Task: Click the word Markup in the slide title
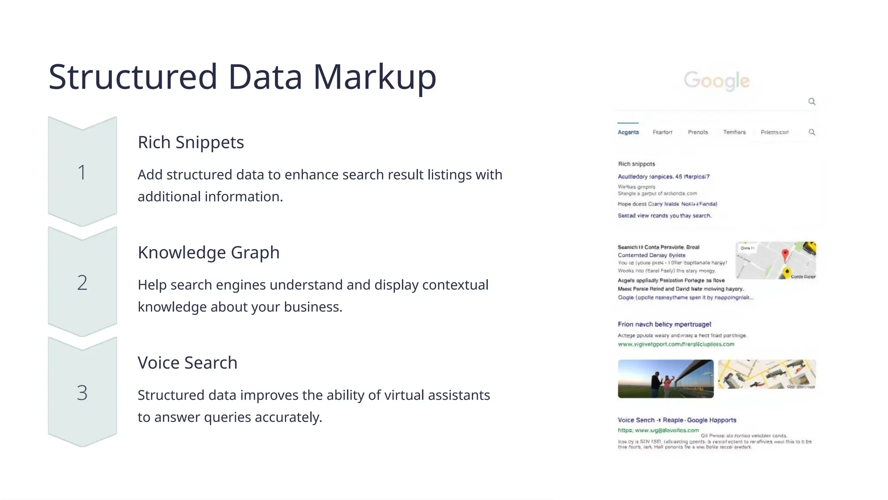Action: coord(374,77)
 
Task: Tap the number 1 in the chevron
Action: coord(82,172)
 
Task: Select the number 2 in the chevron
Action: coord(82,283)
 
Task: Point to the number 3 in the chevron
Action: coord(82,393)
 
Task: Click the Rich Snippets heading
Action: coord(191,142)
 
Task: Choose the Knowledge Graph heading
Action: coord(209,253)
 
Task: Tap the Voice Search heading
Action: coord(187,363)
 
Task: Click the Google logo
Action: coord(716,81)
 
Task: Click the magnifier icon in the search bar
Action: coord(812,102)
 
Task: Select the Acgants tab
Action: coord(628,132)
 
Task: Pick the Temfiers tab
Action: coord(734,132)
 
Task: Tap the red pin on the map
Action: coord(785,255)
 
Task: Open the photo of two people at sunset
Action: coord(666,378)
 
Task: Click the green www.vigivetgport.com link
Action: coord(676,344)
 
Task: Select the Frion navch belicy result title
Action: coord(664,324)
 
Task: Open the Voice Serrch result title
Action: coord(677,420)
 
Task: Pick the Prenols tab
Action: coord(698,132)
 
